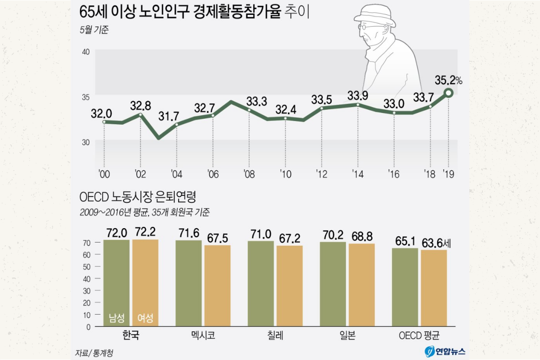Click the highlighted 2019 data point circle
click(448, 93)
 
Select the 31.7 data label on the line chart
click(168, 116)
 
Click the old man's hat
click(374, 16)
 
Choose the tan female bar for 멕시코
click(217, 285)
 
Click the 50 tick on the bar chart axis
click(87, 266)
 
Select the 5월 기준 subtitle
click(94, 31)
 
